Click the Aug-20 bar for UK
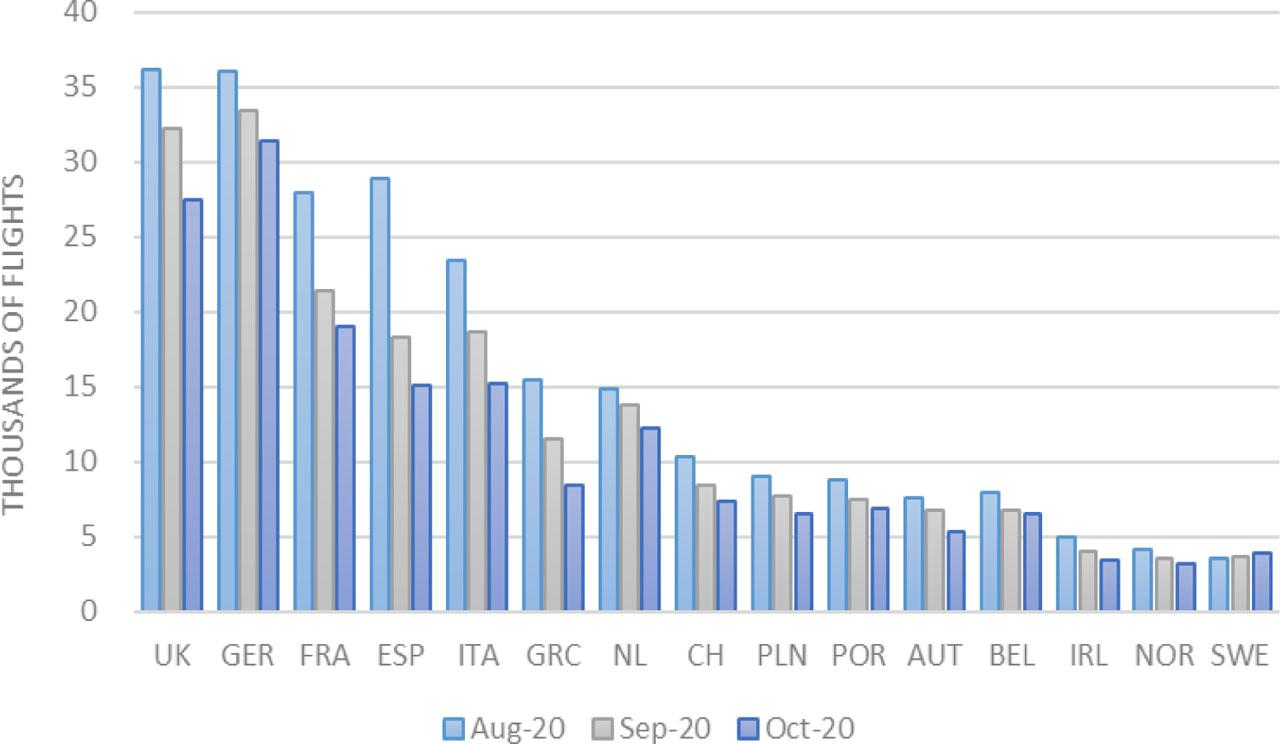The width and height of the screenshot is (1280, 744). [x=151, y=340]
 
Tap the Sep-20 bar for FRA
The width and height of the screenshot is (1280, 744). [x=323, y=451]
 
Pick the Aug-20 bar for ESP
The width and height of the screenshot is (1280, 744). [x=379, y=395]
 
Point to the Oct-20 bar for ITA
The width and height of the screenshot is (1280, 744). [x=497, y=497]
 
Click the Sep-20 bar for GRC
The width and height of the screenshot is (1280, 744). [x=552, y=525]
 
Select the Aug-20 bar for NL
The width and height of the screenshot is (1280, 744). [x=608, y=500]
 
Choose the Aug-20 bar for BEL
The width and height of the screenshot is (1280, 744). [x=989, y=551]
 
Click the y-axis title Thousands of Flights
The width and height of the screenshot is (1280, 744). [x=14, y=344]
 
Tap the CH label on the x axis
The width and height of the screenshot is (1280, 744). [x=705, y=656]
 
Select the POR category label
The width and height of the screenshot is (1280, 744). [x=859, y=656]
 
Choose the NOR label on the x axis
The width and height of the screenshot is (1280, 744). [x=1165, y=656]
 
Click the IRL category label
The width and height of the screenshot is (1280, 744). [x=1088, y=656]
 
